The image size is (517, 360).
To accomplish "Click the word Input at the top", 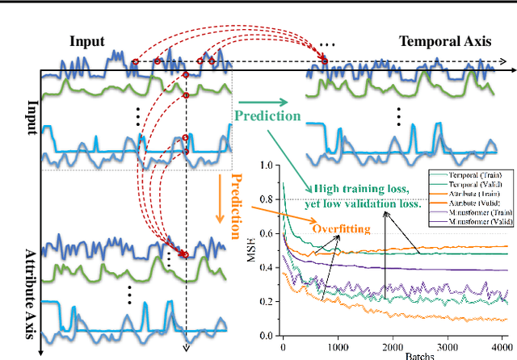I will coord(86,41).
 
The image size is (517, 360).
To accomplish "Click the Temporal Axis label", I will coord(443,41).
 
